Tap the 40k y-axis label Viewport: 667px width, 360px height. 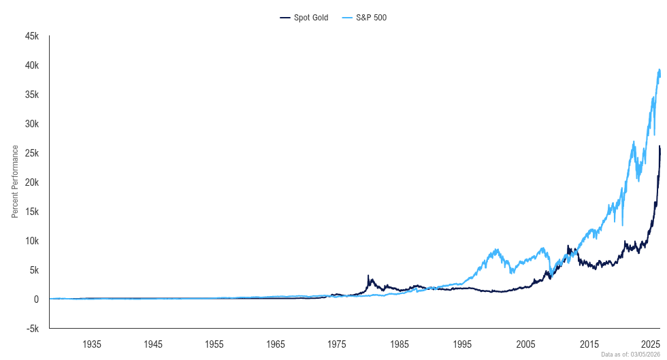click(x=33, y=66)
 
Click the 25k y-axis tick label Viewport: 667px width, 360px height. click(x=33, y=154)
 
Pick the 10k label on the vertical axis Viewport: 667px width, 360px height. click(x=33, y=242)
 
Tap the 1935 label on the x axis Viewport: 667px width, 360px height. click(x=92, y=343)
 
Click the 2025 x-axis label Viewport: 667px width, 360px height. click(x=651, y=343)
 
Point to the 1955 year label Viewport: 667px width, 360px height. click(x=215, y=343)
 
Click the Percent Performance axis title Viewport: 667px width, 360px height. click(x=15, y=182)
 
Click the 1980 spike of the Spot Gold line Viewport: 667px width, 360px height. click(x=368, y=276)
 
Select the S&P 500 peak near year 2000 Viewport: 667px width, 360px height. click(x=497, y=249)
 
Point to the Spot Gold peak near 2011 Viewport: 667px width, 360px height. click(x=568, y=246)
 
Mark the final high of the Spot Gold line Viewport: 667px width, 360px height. click(x=660, y=146)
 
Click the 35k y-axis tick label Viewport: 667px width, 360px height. click(x=33, y=95)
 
